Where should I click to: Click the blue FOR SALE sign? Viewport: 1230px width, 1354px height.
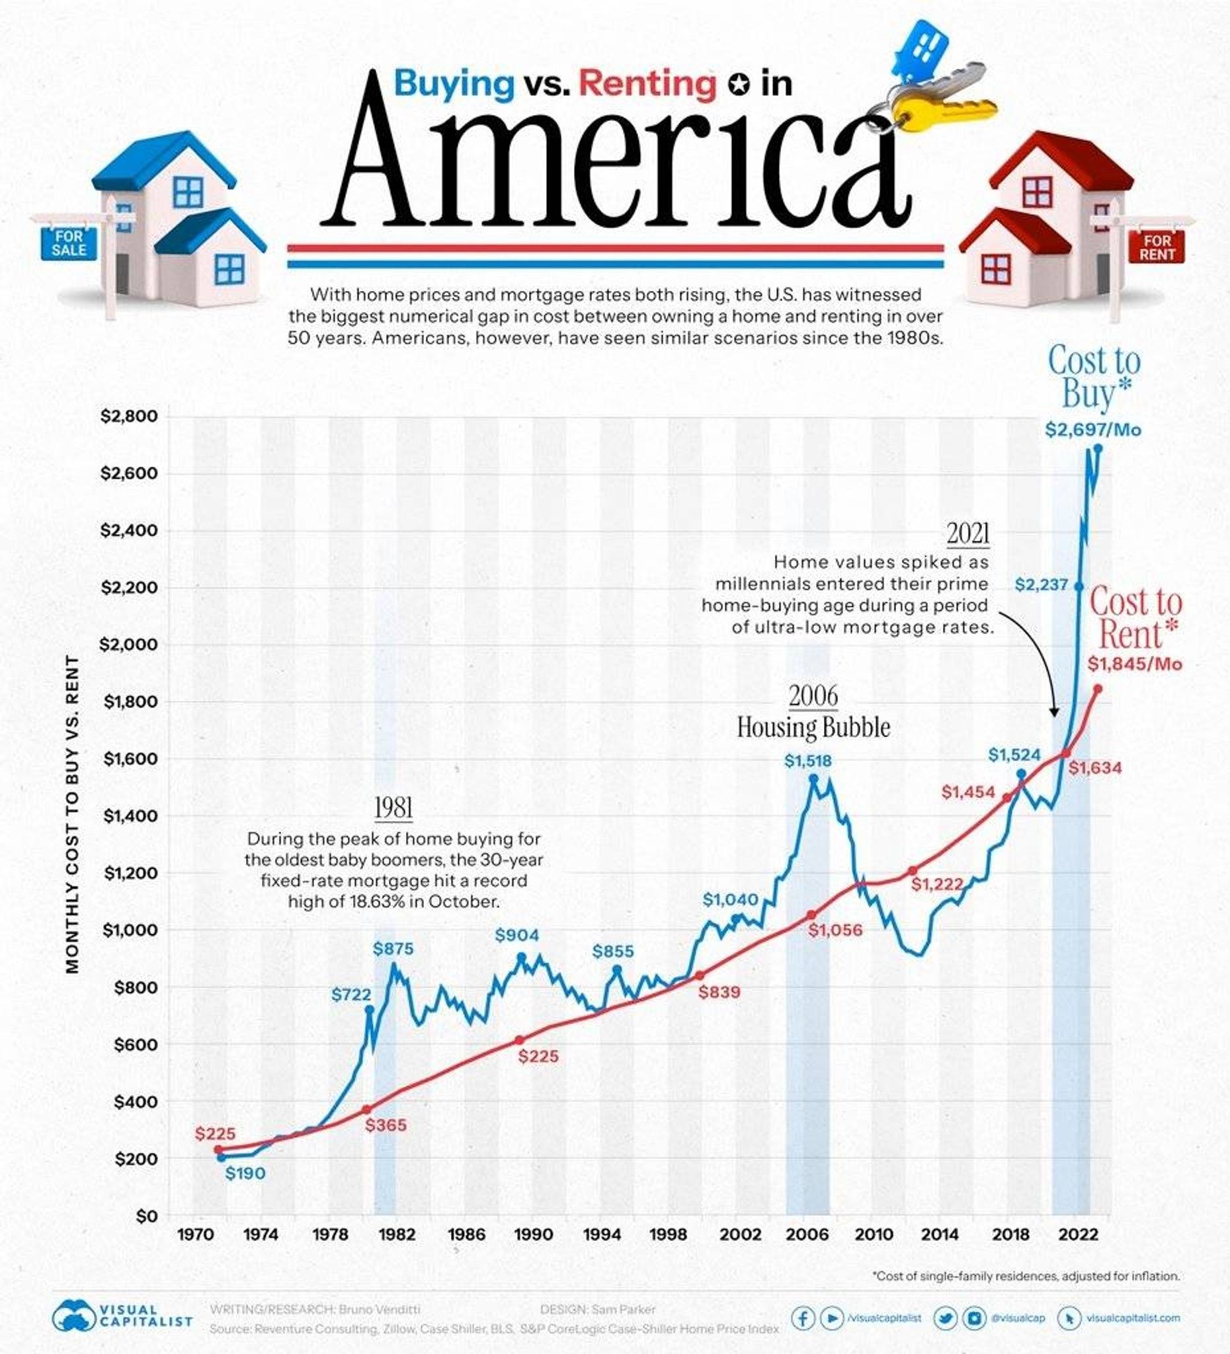click(x=69, y=244)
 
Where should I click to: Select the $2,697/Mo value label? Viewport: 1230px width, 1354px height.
click(x=1093, y=430)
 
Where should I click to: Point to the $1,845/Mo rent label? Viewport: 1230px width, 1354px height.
click(x=1134, y=664)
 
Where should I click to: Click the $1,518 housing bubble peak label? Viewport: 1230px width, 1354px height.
click(x=807, y=761)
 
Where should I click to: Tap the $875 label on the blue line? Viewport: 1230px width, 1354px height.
click(x=393, y=949)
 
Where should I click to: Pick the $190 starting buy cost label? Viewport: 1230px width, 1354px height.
click(x=245, y=1174)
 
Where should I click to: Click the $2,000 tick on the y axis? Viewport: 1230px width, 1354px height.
click(x=129, y=645)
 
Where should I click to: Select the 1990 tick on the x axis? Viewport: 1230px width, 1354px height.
click(x=534, y=1234)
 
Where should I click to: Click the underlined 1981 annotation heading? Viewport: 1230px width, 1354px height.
click(x=393, y=808)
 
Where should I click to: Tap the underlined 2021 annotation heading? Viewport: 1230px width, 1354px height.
click(x=969, y=534)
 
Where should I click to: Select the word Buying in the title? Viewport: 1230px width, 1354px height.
click(x=454, y=83)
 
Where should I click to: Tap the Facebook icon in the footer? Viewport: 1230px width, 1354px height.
click(x=803, y=1318)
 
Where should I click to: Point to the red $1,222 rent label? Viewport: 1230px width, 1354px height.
click(x=937, y=884)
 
